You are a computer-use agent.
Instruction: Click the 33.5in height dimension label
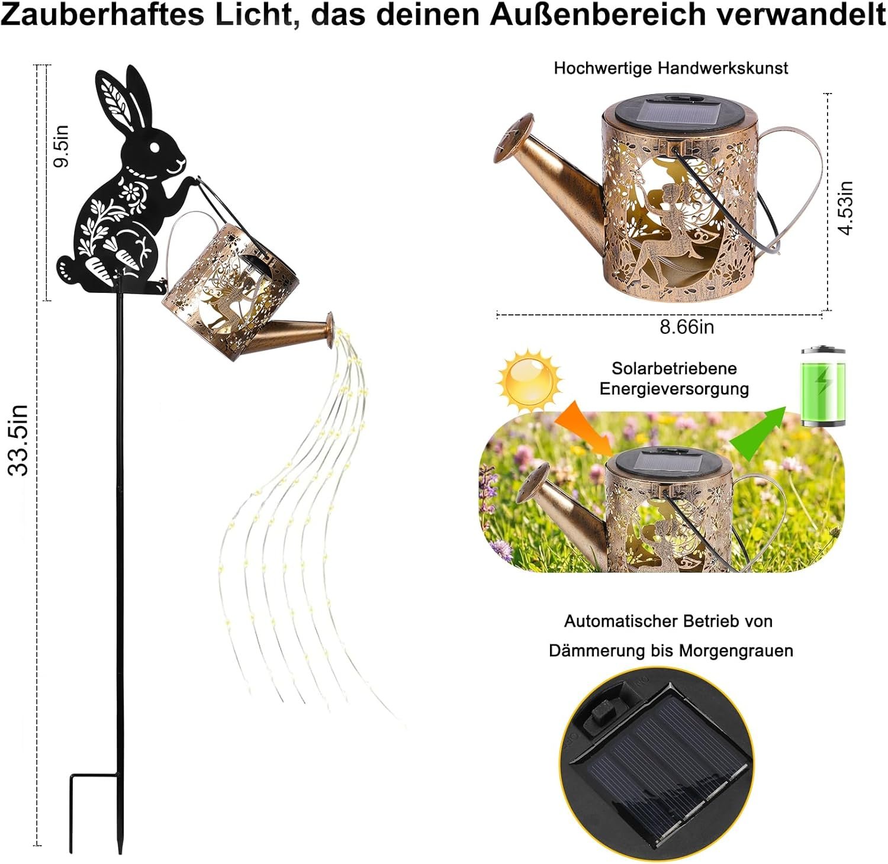18,440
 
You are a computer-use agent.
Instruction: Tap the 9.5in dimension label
62,146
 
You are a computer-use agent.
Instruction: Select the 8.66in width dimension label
687,327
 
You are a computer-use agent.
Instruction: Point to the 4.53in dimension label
847,208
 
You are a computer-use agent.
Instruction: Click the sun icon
530,381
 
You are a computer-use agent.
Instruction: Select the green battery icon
823,386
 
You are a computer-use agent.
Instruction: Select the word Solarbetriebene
674,368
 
